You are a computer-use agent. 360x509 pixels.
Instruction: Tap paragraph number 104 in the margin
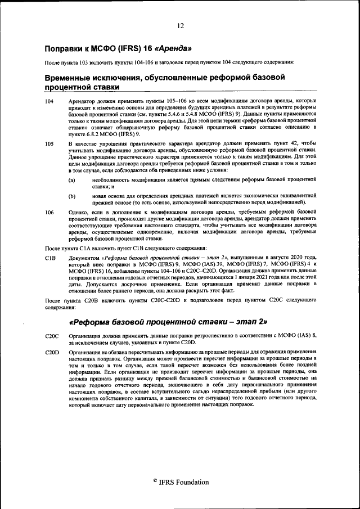pos(49,101)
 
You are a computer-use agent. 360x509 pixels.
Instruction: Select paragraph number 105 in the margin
pos(49,145)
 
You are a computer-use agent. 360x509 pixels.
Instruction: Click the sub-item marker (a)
pos(72,180)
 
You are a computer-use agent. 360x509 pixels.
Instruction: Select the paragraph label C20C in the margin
pos(52,336)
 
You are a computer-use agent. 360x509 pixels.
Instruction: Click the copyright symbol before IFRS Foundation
pos(155,482)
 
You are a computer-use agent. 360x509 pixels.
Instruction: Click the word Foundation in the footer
pos(192,482)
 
